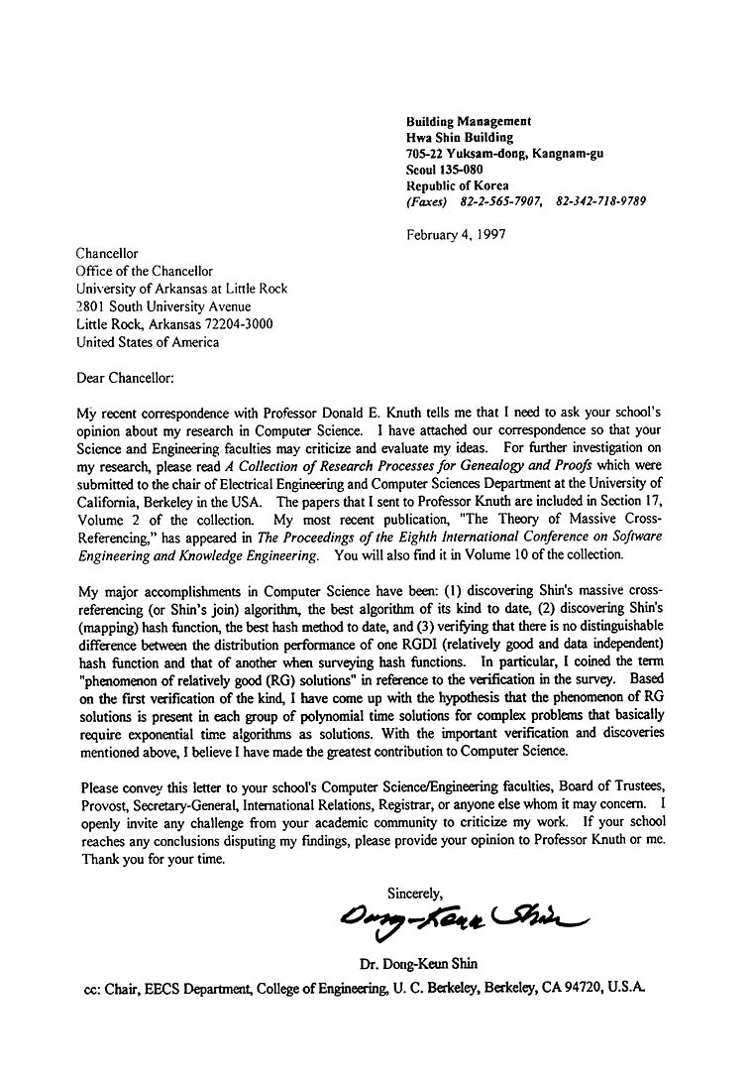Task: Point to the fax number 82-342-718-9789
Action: [601, 201]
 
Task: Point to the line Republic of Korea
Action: [457, 185]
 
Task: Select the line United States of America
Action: [148, 342]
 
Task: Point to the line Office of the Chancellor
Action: [145, 271]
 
